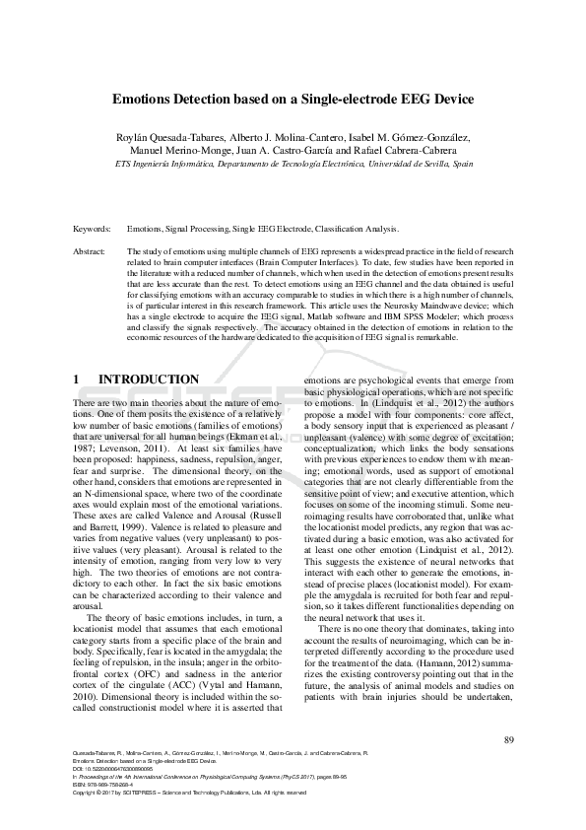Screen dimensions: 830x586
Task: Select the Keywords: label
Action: [92, 228]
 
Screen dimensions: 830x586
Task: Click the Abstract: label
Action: [90, 252]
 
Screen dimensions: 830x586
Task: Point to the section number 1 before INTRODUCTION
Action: [78, 380]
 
